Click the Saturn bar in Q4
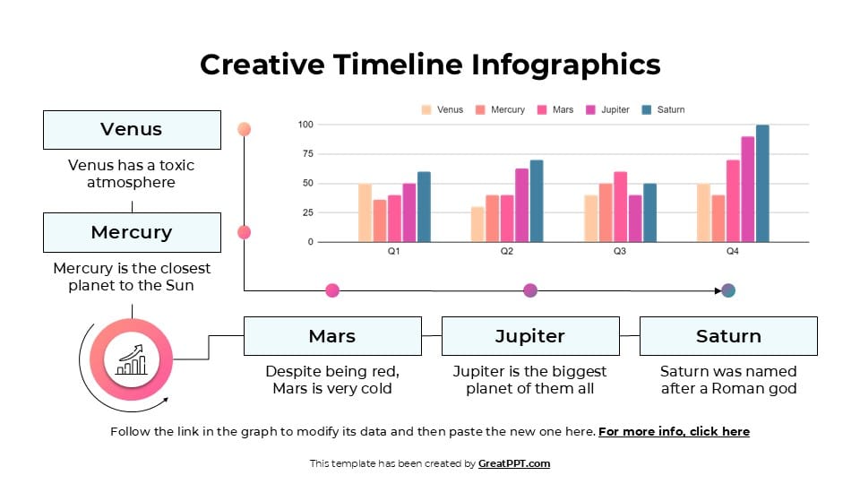click(x=762, y=184)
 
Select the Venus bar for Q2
click(x=477, y=225)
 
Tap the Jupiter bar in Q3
click(x=635, y=219)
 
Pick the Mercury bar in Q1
click(x=380, y=220)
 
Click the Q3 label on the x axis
click(x=620, y=252)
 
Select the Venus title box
click(x=132, y=130)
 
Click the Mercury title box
click(x=132, y=232)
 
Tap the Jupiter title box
click(x=530, y=336)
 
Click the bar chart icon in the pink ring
click(x=132, y=360)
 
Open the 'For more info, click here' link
click(x=674, y=431)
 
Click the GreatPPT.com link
click(x=513, y=463)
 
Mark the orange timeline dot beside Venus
click(x=244, y=129)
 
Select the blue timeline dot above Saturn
click(x=728, y=290)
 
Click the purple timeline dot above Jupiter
click(x=530, y=290)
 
